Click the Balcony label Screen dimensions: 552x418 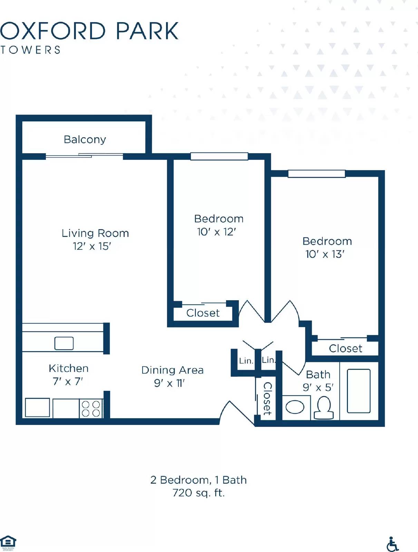[85, 139]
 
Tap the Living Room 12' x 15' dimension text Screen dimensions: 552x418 [92, 246]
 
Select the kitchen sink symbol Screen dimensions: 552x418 [64, 343]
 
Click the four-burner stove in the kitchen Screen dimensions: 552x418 [91, 408]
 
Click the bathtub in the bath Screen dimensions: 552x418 [359, 391]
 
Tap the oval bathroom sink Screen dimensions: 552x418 [295, 407]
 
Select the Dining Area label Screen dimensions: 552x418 [172, 370]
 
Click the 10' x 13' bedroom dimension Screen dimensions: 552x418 [325, 254]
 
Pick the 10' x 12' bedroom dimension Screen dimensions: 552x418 [216, 232]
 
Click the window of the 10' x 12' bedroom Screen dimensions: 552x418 [219, 156]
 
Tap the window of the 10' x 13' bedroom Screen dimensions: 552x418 [317, 174]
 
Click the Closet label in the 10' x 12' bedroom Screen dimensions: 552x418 [203, 313]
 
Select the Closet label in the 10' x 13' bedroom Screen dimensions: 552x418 [346, 348]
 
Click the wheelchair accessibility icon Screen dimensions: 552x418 [392, 544]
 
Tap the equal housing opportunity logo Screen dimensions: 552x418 [8, 543]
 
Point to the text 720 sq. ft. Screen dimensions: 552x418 [198, 493]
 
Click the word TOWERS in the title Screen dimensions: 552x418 [30, 50]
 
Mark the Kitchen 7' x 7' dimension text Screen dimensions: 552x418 [68, 382]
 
